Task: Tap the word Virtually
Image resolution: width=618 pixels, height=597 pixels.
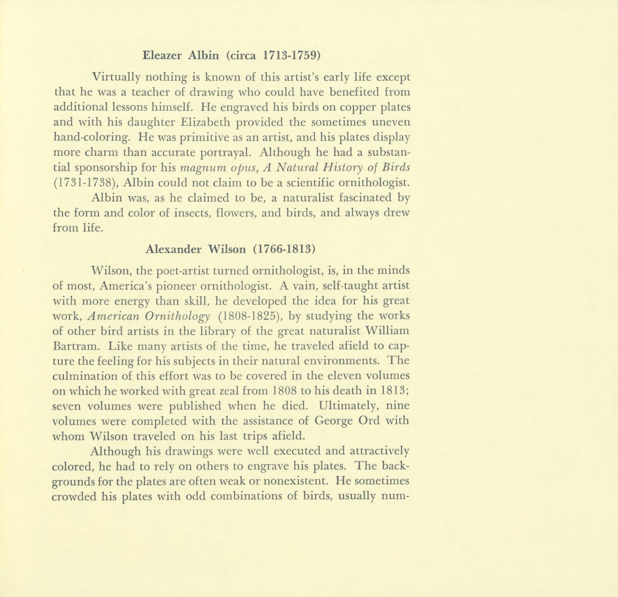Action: [116, 77]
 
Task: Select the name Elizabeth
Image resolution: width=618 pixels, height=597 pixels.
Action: [202, 122]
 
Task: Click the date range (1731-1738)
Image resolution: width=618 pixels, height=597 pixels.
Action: [85, 183]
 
